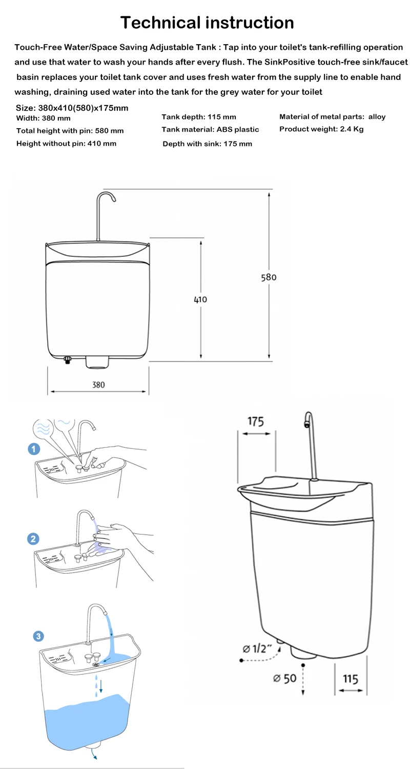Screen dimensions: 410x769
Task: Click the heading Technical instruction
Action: click(x=207, y=23)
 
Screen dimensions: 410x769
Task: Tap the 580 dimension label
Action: click(x=269, y=277)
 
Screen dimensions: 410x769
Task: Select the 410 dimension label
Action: click(x=200, y=300)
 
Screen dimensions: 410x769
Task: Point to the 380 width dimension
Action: click(x=98, y=385)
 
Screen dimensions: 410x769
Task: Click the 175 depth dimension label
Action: click(x=256, y=421)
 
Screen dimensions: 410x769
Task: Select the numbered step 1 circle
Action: click(x=34, y=449)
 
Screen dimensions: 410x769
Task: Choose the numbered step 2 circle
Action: click(x=33, y=539)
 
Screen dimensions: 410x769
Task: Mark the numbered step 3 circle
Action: click(x=38, y=636)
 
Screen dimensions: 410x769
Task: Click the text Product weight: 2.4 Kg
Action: click(x=321, y=129)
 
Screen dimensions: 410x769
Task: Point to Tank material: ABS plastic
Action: click(x=210, y=129)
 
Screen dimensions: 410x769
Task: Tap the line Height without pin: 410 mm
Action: click(x=66, y=144)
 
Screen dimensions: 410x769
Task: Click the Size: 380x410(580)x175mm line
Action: click(x=72, y=108)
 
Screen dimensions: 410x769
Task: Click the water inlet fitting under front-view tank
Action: click(x=68, y=360)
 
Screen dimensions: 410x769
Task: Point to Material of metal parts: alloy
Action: click(x=333, y=117)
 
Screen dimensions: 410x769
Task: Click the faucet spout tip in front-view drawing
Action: click(x=114, y=199)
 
